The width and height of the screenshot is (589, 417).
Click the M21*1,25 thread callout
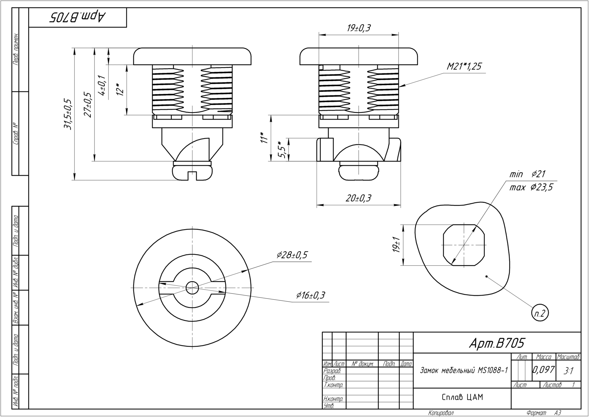pos(464,67)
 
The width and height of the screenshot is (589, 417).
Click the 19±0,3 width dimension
pos(358,29)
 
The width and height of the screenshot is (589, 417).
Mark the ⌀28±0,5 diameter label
pos(292,255)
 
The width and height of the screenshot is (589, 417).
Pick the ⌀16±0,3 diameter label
pos(310,295)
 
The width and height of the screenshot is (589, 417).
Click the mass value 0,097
pos(543,370)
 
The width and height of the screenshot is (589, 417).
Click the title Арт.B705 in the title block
pos(497,343)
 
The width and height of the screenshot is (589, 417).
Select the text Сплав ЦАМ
pos(462,397)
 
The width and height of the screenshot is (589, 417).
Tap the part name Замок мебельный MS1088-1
pos(464,370)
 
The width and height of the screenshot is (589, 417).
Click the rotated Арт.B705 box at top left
pos(78,18)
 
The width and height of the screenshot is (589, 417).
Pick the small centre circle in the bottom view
pos(192,288)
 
